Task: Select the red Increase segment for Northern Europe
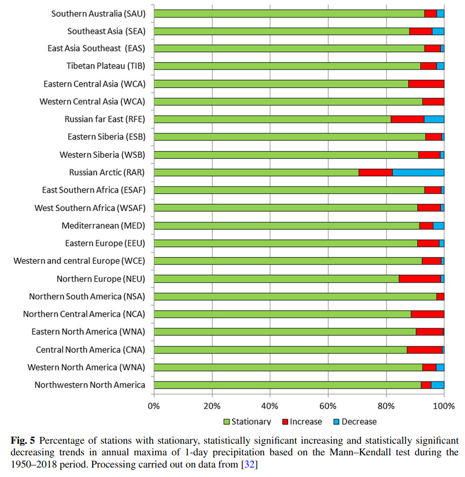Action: pyautogui.click(x=419, y=279)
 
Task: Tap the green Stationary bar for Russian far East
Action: pyautogui.click(x=272, y=119)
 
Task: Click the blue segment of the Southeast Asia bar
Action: pyautogui.click(x=438, y=31)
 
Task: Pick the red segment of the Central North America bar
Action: pyautogui.click(x=424, y=349)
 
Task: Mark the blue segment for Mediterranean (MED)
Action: pyautogui.click(x=438, y=225)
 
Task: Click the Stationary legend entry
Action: pyautogui.click(x=247, y=421)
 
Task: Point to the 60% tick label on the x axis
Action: pyautogui.click(x=328, y=405)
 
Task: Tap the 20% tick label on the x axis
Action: pyautogui.click(x=212, y=405)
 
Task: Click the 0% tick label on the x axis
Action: pyautogui.click(x=154, y=405)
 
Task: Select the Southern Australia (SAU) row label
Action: pyautogui.click(x=98, y=13)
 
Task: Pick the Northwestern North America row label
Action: pyautogui.click(x=89, y=385)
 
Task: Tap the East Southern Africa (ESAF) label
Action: pyautogui.click(x=93, y=190)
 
